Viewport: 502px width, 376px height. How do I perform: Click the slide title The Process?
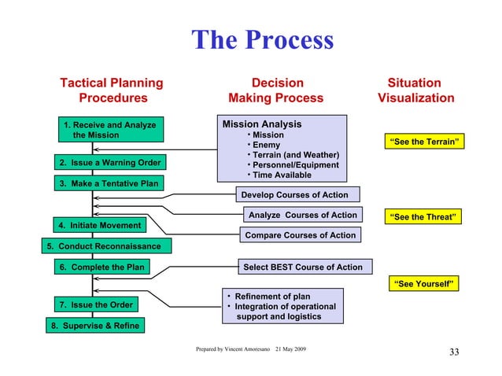pyautogui.click(x=263, y=41)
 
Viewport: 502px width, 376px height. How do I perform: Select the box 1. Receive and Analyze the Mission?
pyautogui.click(x=109, y=130)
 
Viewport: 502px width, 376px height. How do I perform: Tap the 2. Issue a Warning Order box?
pyautogui.click(x=109, y=163)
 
